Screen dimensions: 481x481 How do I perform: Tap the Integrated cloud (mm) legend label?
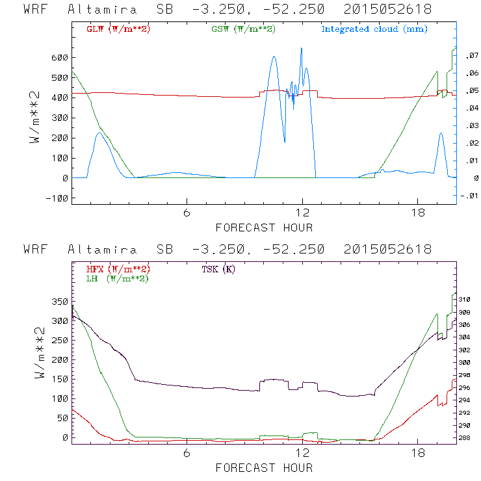[x=374, y=29]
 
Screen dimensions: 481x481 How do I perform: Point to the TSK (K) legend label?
[x=218, y=269]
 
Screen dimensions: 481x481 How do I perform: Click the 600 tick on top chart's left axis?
[x=59, y=58]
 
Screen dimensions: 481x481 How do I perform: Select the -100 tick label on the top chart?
[x=56, y=198]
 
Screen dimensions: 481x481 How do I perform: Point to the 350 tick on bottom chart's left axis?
[x=59, y=302]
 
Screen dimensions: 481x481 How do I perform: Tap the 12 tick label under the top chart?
[x=302, y=214]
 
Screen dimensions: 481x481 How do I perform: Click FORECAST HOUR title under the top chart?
[x=264, y=227]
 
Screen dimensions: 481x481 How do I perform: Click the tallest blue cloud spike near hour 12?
[x=302, y=49]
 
